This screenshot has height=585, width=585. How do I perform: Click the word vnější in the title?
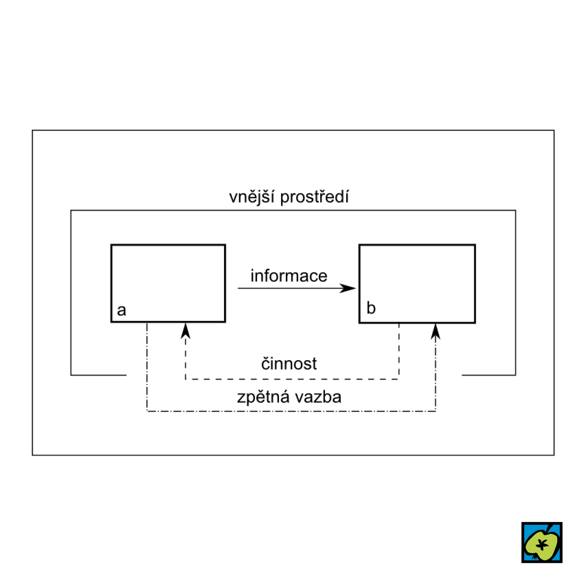(x=252, y=197)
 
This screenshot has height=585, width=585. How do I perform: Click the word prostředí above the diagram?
(x=314, y=197)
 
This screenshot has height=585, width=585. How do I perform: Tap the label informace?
(x=289, y=276)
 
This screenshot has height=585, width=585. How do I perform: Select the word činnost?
(x=289, y=364)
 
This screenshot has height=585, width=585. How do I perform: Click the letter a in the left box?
(x=121, y=310)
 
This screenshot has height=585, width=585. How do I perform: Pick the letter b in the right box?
(x=371, y=308)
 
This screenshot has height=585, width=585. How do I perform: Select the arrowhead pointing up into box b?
(x=435, y=332)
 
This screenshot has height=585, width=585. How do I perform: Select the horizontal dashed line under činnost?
(x=292, y=379)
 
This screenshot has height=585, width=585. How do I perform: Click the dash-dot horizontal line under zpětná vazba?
(x=292, y=411)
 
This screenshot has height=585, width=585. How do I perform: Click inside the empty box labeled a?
(x=168, y=278)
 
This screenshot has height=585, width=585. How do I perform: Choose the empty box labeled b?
(x=417, y=278)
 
